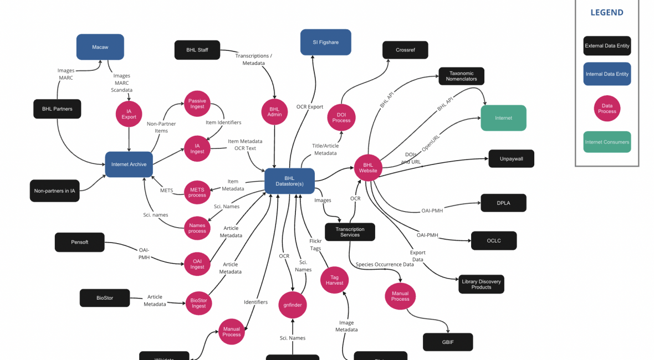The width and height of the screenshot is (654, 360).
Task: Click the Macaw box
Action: click(x=100, y=47)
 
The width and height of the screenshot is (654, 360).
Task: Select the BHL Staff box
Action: click(x=197, y=50)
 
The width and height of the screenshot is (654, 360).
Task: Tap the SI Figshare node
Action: click(x=326, y=42)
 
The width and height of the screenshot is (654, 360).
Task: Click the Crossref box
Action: click(x=405, y=50)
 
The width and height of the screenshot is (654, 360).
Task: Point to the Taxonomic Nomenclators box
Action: click(x=462, y=76)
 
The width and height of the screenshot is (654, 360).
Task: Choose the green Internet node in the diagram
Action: click(x=503, y=118)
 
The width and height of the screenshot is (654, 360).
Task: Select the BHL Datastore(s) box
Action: click(x=289, y=181)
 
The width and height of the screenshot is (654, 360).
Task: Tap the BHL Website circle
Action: click(x=368, y=168)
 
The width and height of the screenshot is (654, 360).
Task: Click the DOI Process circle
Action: click(x=341, y=117)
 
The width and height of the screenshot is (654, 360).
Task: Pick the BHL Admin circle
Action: click(x=275, y=111)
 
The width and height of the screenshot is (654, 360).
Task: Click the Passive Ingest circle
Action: click(x=197, y=104)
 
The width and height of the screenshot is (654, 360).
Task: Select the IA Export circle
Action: click(x=129, y=114)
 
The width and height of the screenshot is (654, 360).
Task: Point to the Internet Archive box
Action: click(x=129, y=164)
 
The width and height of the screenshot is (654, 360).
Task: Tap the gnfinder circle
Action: click(x=293, y=304)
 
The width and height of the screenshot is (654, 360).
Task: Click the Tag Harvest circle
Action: click(x=335, y=280)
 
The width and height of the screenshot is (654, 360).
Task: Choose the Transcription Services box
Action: click(x=350, y=232)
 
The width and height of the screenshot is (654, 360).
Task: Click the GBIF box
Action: click(x=448, y=342)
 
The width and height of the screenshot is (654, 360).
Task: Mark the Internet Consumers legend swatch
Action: click(x=607, y=142)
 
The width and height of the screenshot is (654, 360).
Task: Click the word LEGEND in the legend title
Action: click(x=607, y=13)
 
